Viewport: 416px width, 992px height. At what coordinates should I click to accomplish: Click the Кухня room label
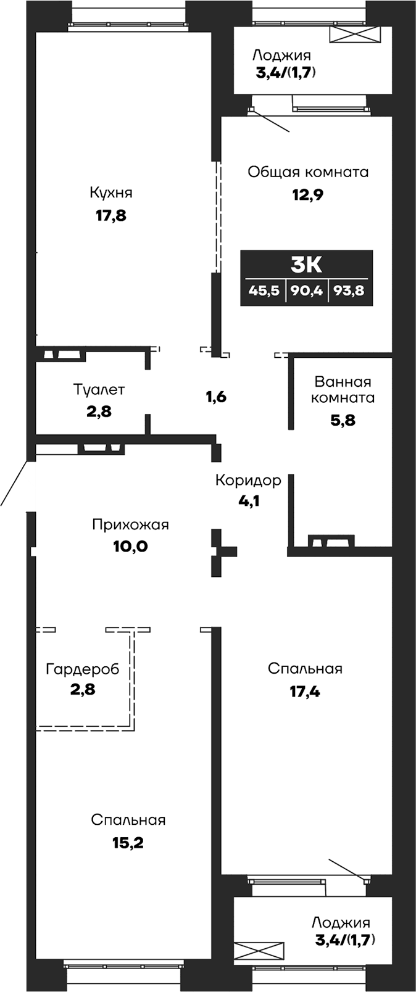click(111, 192)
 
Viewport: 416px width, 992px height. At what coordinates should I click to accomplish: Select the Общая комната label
click(308, 172)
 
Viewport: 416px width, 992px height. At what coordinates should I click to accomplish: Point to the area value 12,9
click(308, 195)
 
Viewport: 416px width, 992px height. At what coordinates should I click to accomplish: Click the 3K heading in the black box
click(306, 265)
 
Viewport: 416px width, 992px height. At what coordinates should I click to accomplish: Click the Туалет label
click(99, 389)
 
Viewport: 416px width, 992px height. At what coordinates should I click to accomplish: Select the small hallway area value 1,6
click(216, 397)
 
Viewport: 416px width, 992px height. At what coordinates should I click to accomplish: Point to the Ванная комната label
click(343, 389)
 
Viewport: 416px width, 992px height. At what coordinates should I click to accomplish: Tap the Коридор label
click(248, 480)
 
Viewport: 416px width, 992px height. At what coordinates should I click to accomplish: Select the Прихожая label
click(130, 524)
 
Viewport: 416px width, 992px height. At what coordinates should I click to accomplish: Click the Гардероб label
click(82, 669)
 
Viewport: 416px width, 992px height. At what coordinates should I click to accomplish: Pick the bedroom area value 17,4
click(305, 692)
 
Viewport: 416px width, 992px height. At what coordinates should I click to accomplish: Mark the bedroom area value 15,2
click(128, 843)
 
